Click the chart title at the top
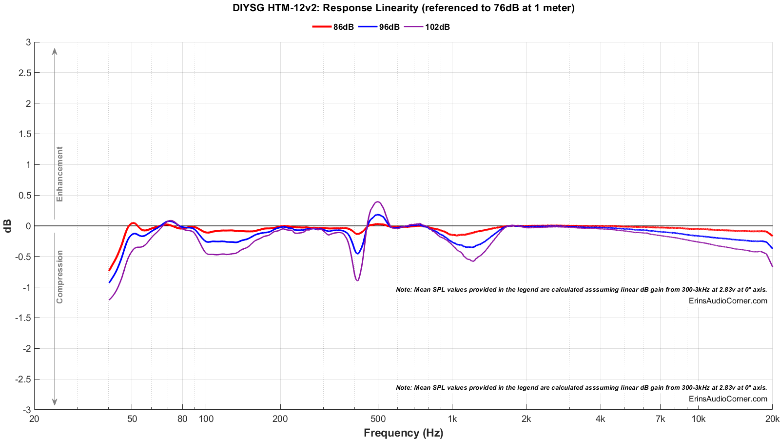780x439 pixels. (403, 8)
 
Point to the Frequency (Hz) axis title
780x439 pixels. (403, 433)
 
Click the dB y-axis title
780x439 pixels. (8, 226)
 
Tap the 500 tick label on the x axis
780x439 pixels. (378, 419)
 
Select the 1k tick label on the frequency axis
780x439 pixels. (452, 419)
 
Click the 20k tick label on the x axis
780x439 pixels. (772, 419)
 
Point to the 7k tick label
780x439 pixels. (660, 419)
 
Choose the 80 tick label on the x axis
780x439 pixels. (182, 419)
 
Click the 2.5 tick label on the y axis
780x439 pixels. (25, 73)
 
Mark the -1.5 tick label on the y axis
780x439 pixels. (23, 318)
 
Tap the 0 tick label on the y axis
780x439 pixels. (28, 226)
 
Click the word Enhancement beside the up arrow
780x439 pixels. (60, 174)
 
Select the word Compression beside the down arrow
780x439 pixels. (60, 277)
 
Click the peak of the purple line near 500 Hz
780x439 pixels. (378, 201)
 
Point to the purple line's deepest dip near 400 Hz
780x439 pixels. (357, 280)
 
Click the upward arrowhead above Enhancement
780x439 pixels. (55, 51)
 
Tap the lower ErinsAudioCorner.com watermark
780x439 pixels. (728, 399)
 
